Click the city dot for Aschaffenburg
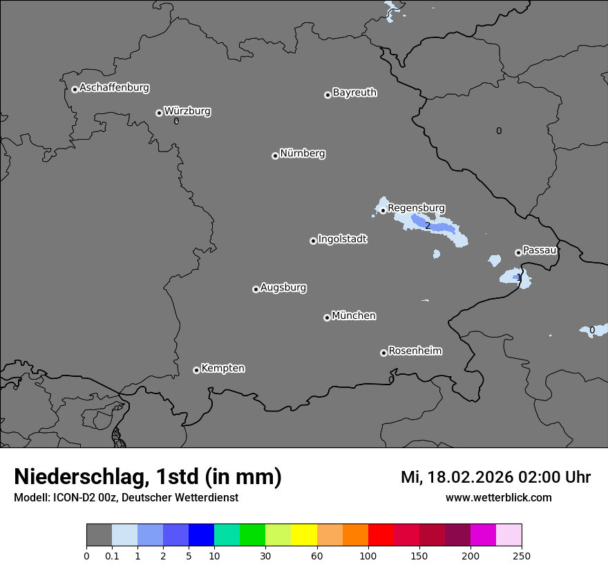click(75, 89)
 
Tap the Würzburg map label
click(187, 111)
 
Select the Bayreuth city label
click(354, 93)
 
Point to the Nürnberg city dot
click(275, 156)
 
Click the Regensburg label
click(416, 208)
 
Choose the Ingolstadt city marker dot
click(313, 241)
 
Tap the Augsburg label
click(283, 288)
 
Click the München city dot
click(327, 317)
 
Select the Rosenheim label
click(415, 351)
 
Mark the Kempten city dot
click(196, 370)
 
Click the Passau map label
click(540, 250)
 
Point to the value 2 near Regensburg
click(427, 226)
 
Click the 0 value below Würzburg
click(176, 122)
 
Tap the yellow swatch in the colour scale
click(304, 535)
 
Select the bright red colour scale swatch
click(381, 535)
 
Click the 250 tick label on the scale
click(522, 555)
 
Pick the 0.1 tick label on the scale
click(112, 555)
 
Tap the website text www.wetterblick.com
click(498, 498)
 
